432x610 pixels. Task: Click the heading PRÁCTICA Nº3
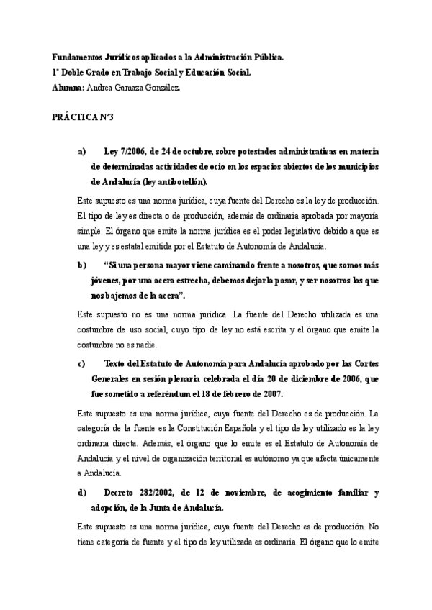click(x=84, y=117)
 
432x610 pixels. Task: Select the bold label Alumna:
click(x=68, y=87)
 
